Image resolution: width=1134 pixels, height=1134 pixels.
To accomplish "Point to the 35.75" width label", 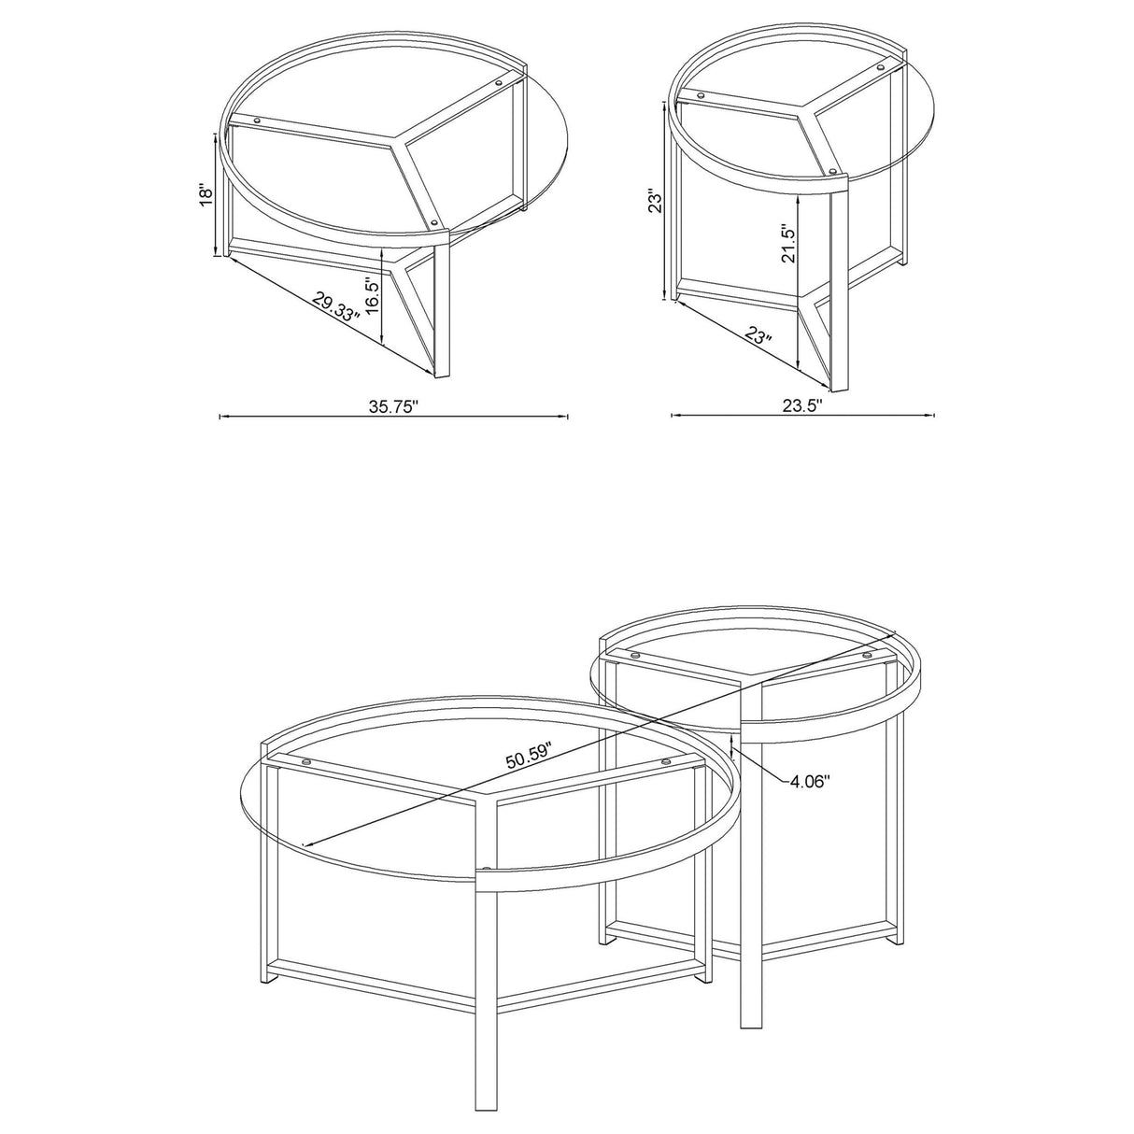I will [x=393, y=405].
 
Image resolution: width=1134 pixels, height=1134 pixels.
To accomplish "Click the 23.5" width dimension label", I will [x=802, y=405].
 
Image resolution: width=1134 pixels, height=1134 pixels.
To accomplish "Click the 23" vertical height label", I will [x=657, y=203].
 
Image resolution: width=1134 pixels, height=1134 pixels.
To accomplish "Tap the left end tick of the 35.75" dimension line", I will [x=220, y=417].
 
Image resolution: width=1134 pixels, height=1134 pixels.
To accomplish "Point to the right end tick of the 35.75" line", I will [x=568, y=417].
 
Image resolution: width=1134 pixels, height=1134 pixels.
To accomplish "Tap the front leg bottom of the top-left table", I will [x=443, y=376].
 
